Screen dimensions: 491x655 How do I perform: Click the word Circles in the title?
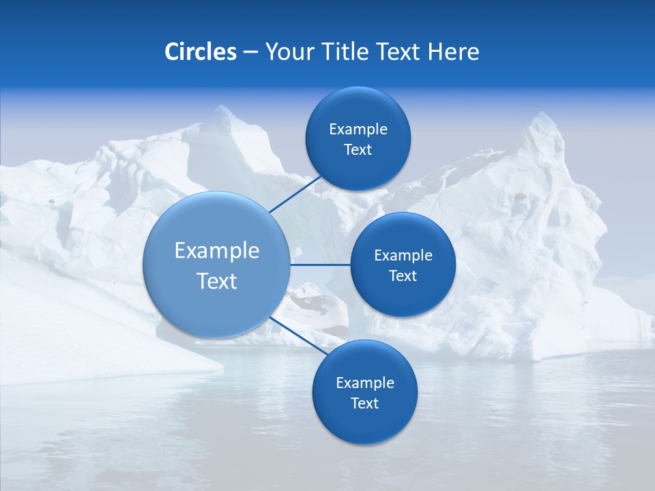coord(200,52)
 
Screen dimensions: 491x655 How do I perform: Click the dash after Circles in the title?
coord(250,53)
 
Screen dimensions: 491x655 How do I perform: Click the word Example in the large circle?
coord(217,250)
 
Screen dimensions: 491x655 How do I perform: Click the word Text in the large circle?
coord(217,281)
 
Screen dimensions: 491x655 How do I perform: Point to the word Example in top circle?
coord(358,129)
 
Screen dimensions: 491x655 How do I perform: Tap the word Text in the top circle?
coord(358,150)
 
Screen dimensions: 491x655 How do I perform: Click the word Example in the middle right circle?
coord(403,255)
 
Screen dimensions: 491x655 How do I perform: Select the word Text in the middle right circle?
coord(403,276)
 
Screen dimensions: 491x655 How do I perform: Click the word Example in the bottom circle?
coord(365,383)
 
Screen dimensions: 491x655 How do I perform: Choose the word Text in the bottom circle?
coord(365,403)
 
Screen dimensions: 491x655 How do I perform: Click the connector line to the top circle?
coord(295,194)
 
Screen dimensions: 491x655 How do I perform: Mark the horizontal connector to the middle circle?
coord(321,264)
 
